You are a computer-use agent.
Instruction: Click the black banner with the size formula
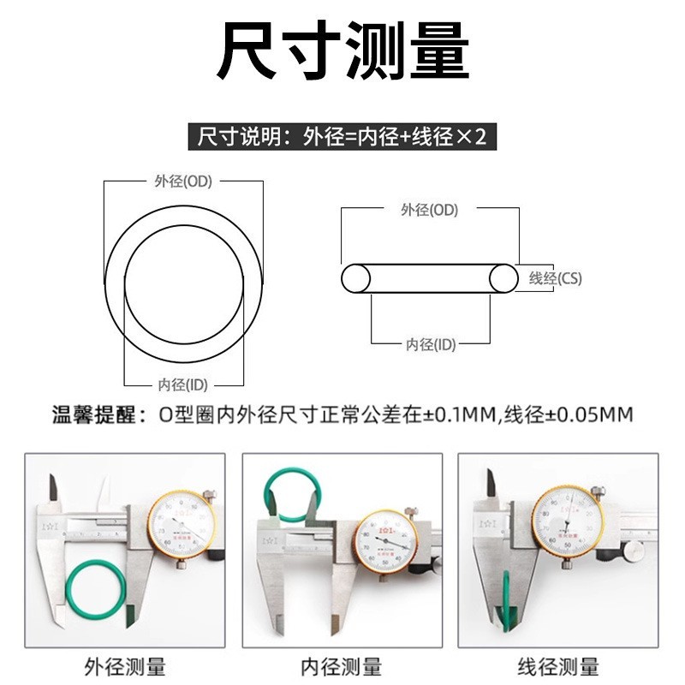click(x=342, y=136)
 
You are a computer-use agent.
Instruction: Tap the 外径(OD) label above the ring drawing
click(x=182, y=182)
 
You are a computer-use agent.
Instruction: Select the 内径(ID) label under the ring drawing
click(x=183, y=384)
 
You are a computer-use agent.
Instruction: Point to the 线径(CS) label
click(x=556, y=278)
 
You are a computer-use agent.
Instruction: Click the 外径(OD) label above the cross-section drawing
click(x=429, y=210)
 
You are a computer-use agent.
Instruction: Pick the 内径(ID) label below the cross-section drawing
click(x=431, y=344)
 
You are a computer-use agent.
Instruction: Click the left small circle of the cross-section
click(x=355, y=279)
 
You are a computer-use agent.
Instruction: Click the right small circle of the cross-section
click(x=503, y=279)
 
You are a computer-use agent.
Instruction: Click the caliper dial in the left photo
click(x=182, y=524)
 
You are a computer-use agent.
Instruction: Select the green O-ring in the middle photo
click(x=294, y=496)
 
